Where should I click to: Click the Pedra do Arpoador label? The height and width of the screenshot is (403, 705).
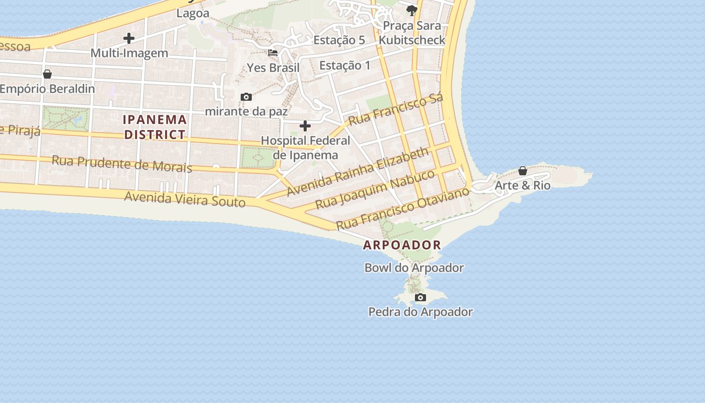(x=420, y=312)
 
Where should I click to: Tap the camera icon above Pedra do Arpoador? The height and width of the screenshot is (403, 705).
(x=420, y=298)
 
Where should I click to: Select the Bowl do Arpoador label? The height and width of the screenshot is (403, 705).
(x=414, y=267)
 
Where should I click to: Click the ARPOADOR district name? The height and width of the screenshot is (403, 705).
(x=402, y=245)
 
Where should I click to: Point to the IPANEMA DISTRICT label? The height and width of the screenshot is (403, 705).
(x=155, y=127)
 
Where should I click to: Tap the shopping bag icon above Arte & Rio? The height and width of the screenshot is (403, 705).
(x=523, y=171)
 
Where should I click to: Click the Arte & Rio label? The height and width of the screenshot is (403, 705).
(x=522, y=185)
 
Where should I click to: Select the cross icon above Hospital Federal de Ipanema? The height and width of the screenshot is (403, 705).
(x=305, y=126)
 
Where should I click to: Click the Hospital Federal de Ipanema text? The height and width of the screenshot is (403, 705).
(x=305, y=148)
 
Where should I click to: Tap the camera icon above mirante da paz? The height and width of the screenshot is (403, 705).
(x=246, y=97)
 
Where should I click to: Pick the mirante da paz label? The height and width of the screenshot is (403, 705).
(x=246, y=111)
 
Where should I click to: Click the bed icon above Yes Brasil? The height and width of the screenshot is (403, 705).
(x=273, y=52)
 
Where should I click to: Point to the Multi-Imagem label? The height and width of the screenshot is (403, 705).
(x=129, y=53)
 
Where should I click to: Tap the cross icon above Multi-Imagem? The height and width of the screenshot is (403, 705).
(x=129, y=38)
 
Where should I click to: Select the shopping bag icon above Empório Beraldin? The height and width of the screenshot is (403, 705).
(x=47, y=75)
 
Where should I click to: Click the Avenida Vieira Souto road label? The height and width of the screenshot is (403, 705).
(x=185, y=199)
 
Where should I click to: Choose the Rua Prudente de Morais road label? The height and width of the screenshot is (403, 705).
(x=122, y=164)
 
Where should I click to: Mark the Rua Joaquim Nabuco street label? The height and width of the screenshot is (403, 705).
(x=375, y=189)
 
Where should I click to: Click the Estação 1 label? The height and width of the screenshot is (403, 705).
(x=344, y=65)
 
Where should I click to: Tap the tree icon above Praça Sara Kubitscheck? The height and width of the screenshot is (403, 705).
(x=412, y=10)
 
